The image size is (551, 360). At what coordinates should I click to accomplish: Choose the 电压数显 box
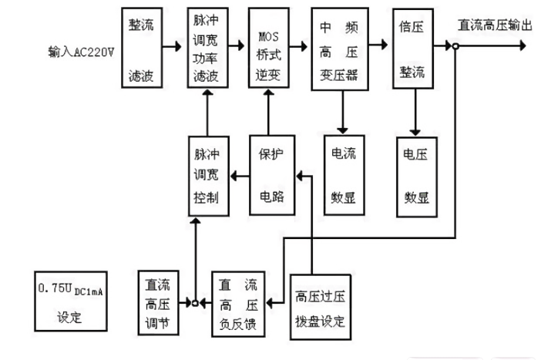coord(417,173)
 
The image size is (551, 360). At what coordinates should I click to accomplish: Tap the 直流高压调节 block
coord(157,303)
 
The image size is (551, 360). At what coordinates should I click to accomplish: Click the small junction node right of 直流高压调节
coord(196,303)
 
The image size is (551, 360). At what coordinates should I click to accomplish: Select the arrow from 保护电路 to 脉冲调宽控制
coord(239,176)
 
